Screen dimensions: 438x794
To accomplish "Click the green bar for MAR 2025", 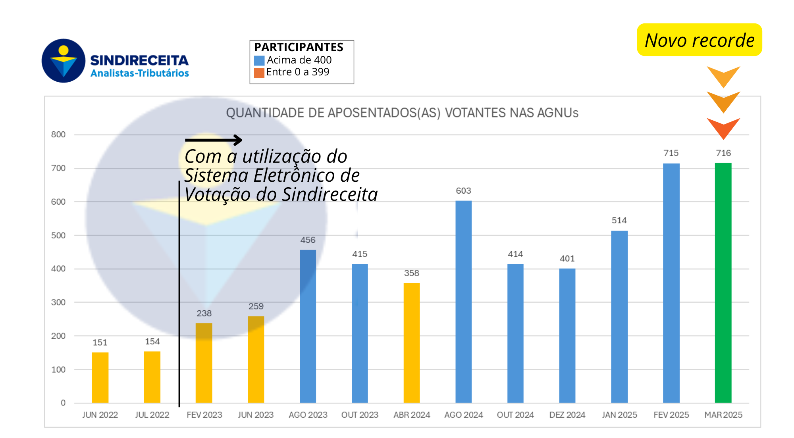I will coord(723,282).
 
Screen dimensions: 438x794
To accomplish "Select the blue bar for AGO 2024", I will coord(463,302).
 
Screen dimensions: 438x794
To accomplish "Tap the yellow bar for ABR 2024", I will coord(411,343).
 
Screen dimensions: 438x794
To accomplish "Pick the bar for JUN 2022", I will coord(100,377).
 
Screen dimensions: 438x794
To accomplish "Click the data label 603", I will coord(463,191).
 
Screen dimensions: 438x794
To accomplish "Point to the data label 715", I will coord(671,153).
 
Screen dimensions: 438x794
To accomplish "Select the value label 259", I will coord(256,306).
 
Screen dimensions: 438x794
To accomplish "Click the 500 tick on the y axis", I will coord(58,235).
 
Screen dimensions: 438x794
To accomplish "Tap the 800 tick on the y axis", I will coord(58,134).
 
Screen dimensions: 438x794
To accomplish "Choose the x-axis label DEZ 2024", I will coord(567,415).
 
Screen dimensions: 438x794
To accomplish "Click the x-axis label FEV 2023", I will coord(204,415).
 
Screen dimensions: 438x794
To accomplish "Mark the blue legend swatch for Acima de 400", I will coord(259,61).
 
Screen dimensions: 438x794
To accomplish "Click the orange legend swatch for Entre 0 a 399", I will coord(259,73).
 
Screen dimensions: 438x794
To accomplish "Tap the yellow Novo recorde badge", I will coord(699,40).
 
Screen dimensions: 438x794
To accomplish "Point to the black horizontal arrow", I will coord(214,140).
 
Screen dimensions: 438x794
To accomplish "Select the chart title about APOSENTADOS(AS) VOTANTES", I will coord(402,113).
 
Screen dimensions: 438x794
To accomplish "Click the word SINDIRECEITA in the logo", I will coord(139,60).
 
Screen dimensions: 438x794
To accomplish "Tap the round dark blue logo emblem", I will coord(64,61).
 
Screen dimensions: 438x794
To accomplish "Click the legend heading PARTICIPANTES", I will coord(299,47).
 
